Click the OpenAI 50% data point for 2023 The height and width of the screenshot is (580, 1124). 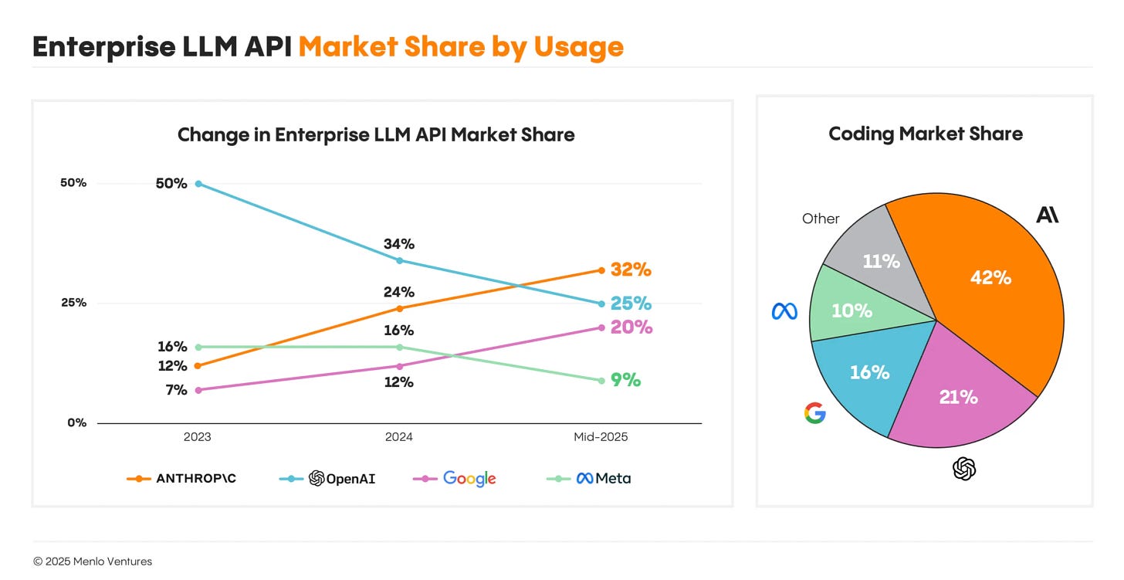(198, 184)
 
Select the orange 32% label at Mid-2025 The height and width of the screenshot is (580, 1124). (631, 270)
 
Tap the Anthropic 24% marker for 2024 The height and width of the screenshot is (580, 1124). (399, 308)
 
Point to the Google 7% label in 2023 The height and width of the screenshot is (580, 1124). (175, 390)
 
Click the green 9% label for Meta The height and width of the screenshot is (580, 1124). (625, 380)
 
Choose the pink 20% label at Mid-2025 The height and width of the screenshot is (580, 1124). (631, 327)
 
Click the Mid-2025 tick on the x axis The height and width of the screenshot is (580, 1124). (601, 437)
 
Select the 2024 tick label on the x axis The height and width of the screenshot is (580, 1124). (399, 437)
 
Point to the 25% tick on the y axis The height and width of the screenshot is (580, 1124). (74, 303)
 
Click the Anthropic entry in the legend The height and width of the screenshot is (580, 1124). (182, 479)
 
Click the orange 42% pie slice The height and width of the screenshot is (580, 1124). (990, 278)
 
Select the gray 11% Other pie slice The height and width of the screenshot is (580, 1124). (880, 261)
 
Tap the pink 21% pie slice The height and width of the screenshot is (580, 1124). (958, 397)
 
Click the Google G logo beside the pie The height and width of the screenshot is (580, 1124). (814, 413)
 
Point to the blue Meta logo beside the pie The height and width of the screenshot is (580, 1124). (784, 311)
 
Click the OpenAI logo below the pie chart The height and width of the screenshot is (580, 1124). (964, 468)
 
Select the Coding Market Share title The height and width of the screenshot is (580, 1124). (925, 134)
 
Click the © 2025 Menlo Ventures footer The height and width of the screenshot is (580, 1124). (93, 561)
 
